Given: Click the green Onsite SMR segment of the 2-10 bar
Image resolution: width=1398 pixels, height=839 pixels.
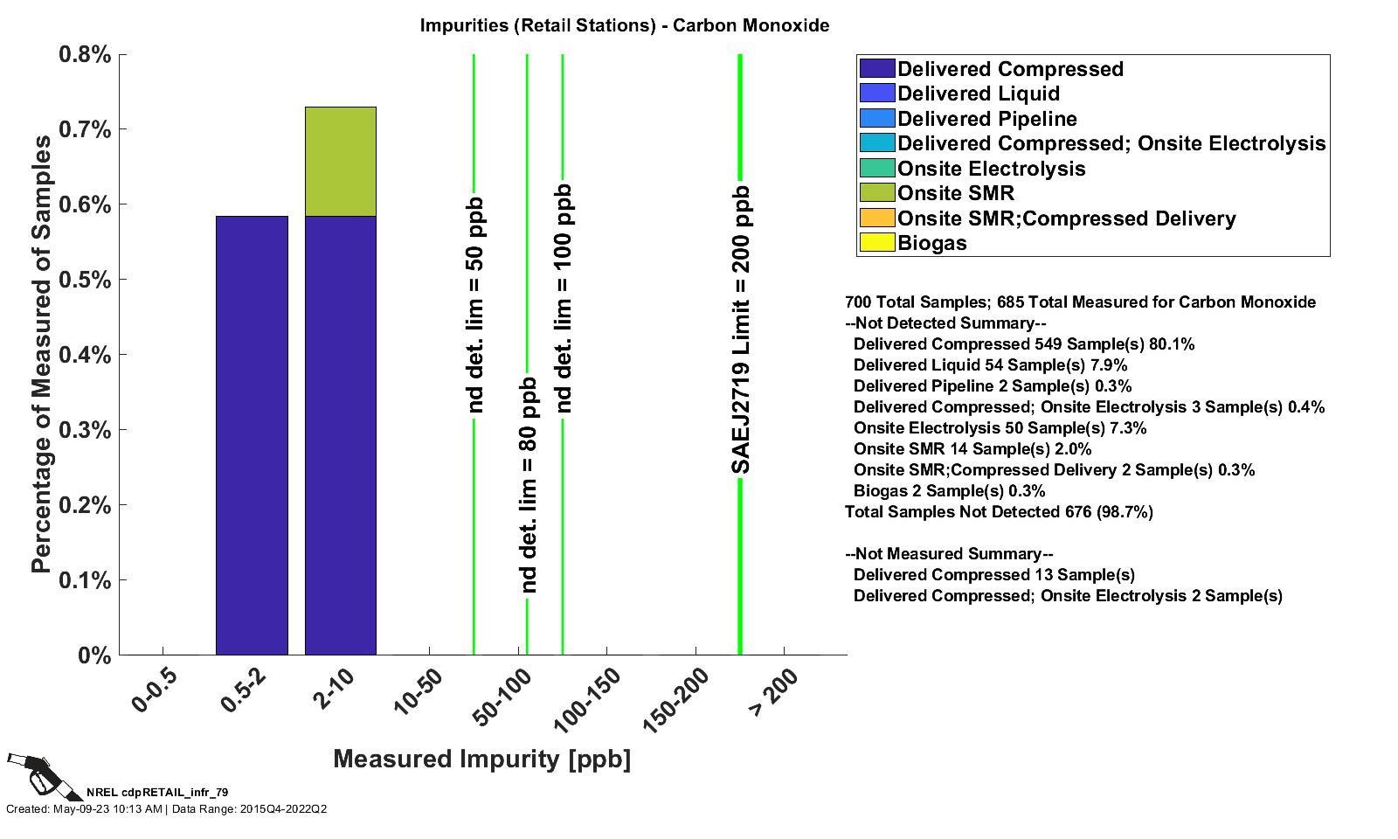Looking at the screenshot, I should click(340, 162).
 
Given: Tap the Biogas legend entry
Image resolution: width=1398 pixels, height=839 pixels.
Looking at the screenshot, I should click(932, 243).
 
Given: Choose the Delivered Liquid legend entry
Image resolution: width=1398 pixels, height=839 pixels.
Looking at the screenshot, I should click(978, 94).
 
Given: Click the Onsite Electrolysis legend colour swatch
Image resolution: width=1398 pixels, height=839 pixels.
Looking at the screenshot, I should click(877, 169).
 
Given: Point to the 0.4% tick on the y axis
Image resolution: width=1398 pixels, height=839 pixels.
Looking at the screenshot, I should click(121, 355).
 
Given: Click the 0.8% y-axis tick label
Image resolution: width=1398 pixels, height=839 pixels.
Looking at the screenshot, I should click(85, 55).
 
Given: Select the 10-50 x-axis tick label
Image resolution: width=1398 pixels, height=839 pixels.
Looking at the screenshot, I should click(419, 691).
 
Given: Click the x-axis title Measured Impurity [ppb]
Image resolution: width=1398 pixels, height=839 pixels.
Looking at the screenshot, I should click(481, 759).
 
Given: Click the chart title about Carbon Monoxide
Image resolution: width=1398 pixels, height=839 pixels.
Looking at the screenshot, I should click(624, 25).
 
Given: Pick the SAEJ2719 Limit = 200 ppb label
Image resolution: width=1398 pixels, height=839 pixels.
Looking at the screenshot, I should click(741, 330).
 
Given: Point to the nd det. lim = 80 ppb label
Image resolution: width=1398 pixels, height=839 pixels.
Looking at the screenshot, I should click(528, 485).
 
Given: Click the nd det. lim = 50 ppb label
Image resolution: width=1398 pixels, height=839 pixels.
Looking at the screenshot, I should click(474, 305).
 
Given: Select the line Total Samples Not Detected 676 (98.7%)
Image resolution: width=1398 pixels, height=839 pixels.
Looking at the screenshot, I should click(999, 512).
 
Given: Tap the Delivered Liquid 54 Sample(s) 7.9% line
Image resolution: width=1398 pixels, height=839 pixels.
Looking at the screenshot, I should click(990, 365).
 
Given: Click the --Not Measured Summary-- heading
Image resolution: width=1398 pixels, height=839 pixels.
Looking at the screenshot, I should click(949, 554).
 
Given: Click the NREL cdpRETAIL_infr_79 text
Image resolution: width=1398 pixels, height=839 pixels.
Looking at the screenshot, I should click(157, 793).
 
